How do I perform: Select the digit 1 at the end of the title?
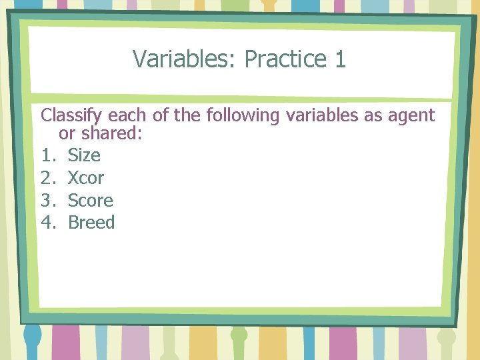[x=340, y=59]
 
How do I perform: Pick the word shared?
[x=112, y=133]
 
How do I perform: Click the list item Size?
[x=84, y=155]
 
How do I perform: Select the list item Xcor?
[x=86, y=178]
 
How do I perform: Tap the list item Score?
[x=91, y=201]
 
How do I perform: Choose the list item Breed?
[x=91, y=223]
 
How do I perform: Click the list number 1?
[x=47, y=155]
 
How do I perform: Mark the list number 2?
[x=47, y=178]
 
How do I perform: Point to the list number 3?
[x=47, y=201]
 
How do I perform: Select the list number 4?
[x=47, y=223]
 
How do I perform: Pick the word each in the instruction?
[x=123, y=116]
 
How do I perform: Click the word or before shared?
[x=67, y=133]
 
